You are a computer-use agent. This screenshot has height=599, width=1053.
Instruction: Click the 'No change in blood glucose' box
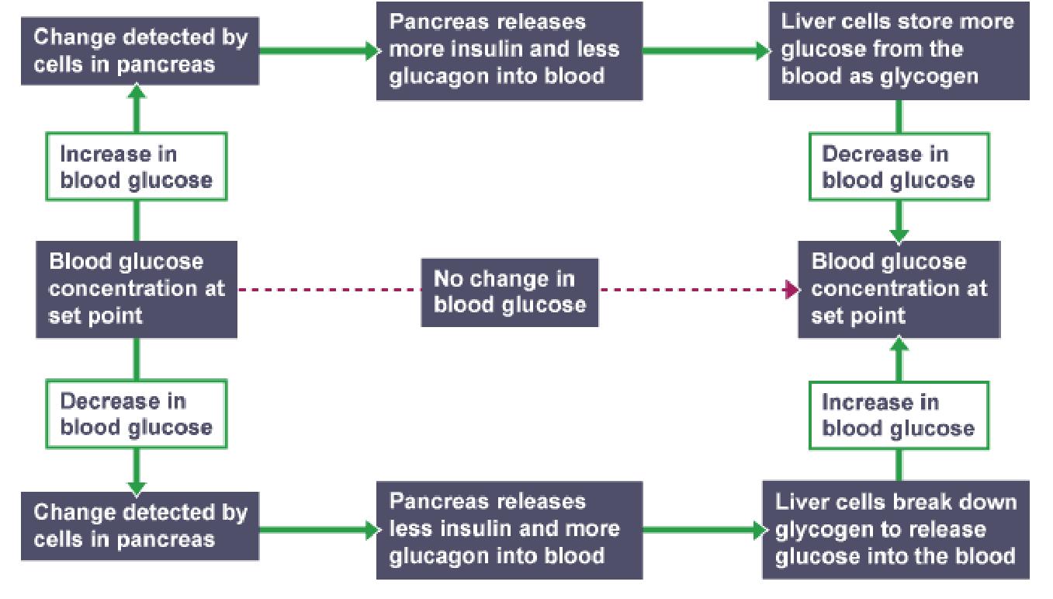509,292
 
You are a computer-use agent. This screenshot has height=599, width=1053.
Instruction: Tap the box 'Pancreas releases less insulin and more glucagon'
509,530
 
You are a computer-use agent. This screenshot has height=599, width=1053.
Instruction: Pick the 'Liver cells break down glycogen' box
896,530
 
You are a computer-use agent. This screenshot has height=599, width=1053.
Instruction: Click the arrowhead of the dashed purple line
791,291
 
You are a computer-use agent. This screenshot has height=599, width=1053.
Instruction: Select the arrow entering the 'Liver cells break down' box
757,530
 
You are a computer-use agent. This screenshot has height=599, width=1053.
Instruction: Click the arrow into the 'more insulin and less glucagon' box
369,51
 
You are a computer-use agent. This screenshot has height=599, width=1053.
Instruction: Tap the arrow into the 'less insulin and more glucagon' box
369,530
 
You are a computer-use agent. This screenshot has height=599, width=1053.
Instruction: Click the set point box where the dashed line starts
137,290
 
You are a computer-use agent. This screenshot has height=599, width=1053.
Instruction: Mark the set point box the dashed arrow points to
899,290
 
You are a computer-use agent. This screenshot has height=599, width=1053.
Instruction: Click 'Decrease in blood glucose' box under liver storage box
899,167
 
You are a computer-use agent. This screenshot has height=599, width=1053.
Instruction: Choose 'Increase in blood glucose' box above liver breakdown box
899,415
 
